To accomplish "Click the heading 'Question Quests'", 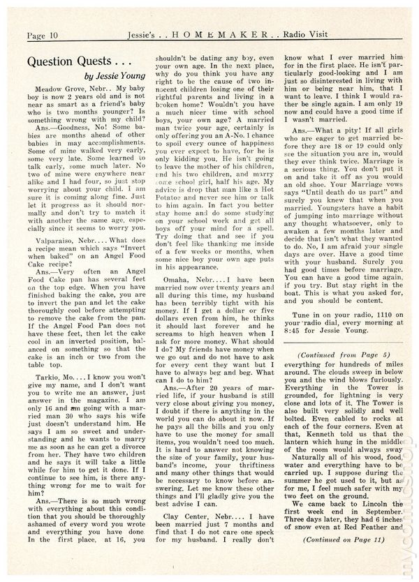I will pos(74,61).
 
